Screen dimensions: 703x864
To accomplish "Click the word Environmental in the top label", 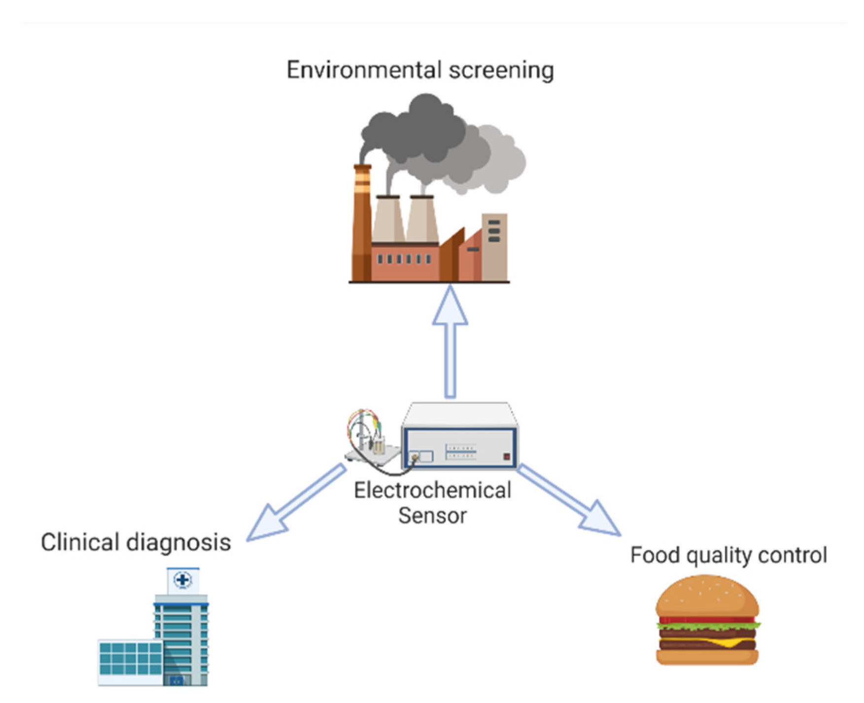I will [364, 70].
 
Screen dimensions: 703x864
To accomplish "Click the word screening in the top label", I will [501, 71].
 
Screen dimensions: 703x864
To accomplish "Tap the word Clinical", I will [79, 542].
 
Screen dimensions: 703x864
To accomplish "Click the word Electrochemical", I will [432, 491].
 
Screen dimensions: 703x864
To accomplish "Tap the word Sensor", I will [432, 516].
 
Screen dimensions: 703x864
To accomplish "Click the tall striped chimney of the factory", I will [362, 222].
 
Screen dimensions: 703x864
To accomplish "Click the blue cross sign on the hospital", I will [183, 580].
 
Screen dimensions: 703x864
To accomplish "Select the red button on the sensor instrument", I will [506, 457].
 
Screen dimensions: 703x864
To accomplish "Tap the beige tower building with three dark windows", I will [494, 246].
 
